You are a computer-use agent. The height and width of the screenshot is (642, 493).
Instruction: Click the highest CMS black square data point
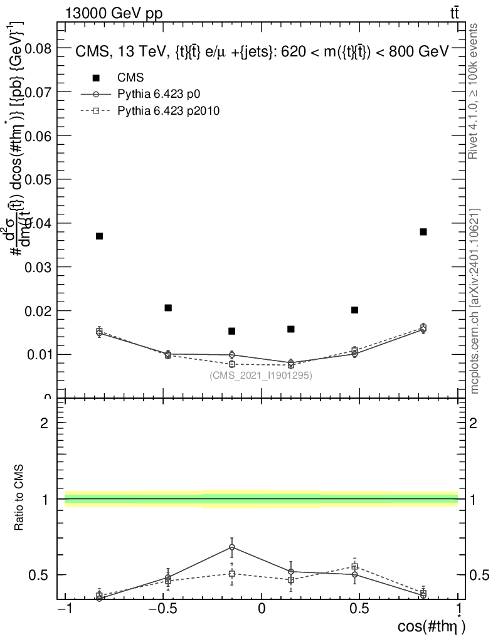point(423,232)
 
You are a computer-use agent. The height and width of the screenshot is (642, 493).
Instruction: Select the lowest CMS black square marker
point(231,331)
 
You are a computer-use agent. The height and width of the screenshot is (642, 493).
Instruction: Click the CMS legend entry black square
point(96,78)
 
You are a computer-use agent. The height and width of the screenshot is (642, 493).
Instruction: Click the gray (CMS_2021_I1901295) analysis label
point(261,376)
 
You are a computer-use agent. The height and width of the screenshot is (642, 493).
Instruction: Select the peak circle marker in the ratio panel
point(231,547)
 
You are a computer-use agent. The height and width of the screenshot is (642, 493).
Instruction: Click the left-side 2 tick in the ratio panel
point(45,423)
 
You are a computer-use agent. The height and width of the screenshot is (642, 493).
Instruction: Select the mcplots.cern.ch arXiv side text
point(475,301)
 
